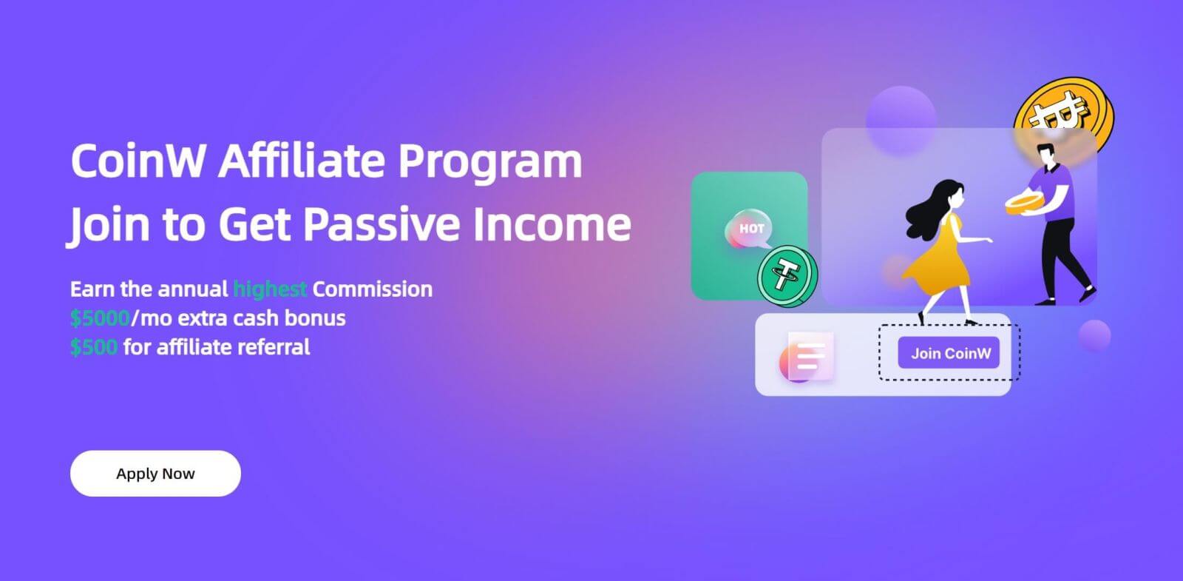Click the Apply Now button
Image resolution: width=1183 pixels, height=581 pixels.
[155, 474]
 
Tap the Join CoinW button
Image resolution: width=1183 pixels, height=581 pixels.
[950, 353]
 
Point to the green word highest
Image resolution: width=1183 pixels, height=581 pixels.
[270, 289]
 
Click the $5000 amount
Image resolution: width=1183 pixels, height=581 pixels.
[100, 318]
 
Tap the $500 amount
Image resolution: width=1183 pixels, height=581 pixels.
[94, 347]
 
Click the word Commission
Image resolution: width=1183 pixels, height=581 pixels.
[372, 289]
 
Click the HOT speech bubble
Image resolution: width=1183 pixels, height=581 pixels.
[750, 229]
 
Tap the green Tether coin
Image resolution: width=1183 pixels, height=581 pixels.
[786, 276]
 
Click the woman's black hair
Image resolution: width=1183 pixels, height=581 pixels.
[929, 207]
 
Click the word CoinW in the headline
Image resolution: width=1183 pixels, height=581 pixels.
[138, 161]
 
